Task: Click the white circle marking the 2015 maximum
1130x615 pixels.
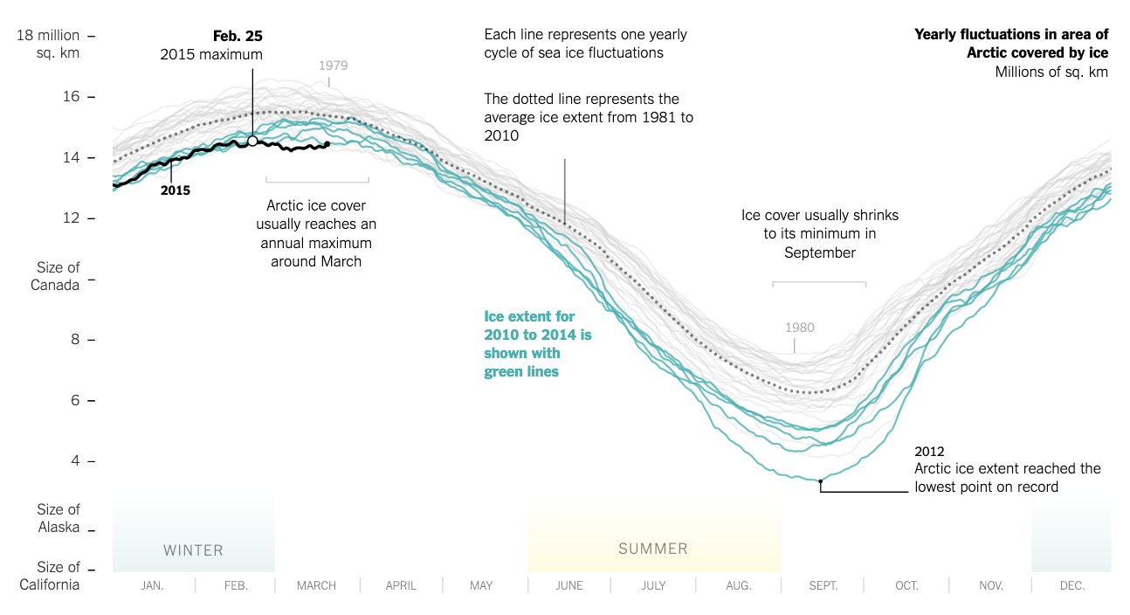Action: (x=252, y=141)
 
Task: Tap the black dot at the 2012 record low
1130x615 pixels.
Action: (x=820, y=481)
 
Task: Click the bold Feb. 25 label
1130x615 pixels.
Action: (x=238, y=36)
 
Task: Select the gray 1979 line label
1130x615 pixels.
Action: (x=334, y=66)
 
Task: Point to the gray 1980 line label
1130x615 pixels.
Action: (x=799, y=328)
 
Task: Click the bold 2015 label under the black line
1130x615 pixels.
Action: (x=176, y=190)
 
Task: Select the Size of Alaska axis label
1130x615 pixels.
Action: (x=59, y=518)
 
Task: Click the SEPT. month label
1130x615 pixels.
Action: (x=823, y=586)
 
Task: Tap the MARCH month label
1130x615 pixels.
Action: (x=316, y=586)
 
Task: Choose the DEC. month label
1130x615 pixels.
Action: (x=1071, y=586)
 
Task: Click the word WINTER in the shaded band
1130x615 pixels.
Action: (x=193, y=550)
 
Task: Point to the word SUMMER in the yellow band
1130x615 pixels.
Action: (x=653, y=549)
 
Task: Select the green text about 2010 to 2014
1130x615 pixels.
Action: (x=538, y=344)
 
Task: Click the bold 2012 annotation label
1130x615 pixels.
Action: (x=929, y=452)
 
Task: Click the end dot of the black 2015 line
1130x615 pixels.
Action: (x=327, y=144)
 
